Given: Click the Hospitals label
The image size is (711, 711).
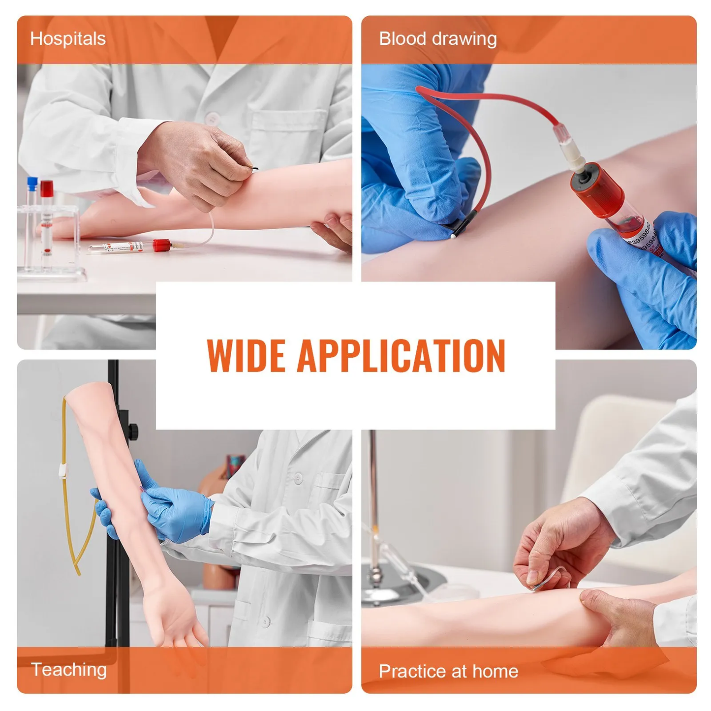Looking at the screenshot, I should [68, 39].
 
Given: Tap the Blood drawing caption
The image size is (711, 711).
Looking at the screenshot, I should [437, 39].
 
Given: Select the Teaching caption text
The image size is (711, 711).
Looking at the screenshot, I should [68, 670].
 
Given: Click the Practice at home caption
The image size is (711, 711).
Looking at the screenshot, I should [448, 671].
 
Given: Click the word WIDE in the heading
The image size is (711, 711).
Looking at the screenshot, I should [246, 355].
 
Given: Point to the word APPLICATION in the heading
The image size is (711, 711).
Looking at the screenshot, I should [401, 355].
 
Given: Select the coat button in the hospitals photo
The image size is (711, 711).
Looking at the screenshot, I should [212, 119].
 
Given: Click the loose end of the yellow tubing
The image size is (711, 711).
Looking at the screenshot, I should [78, 572].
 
